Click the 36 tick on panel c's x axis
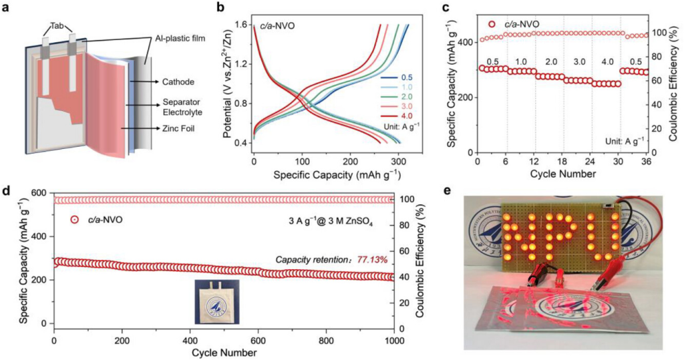click(647, 162)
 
